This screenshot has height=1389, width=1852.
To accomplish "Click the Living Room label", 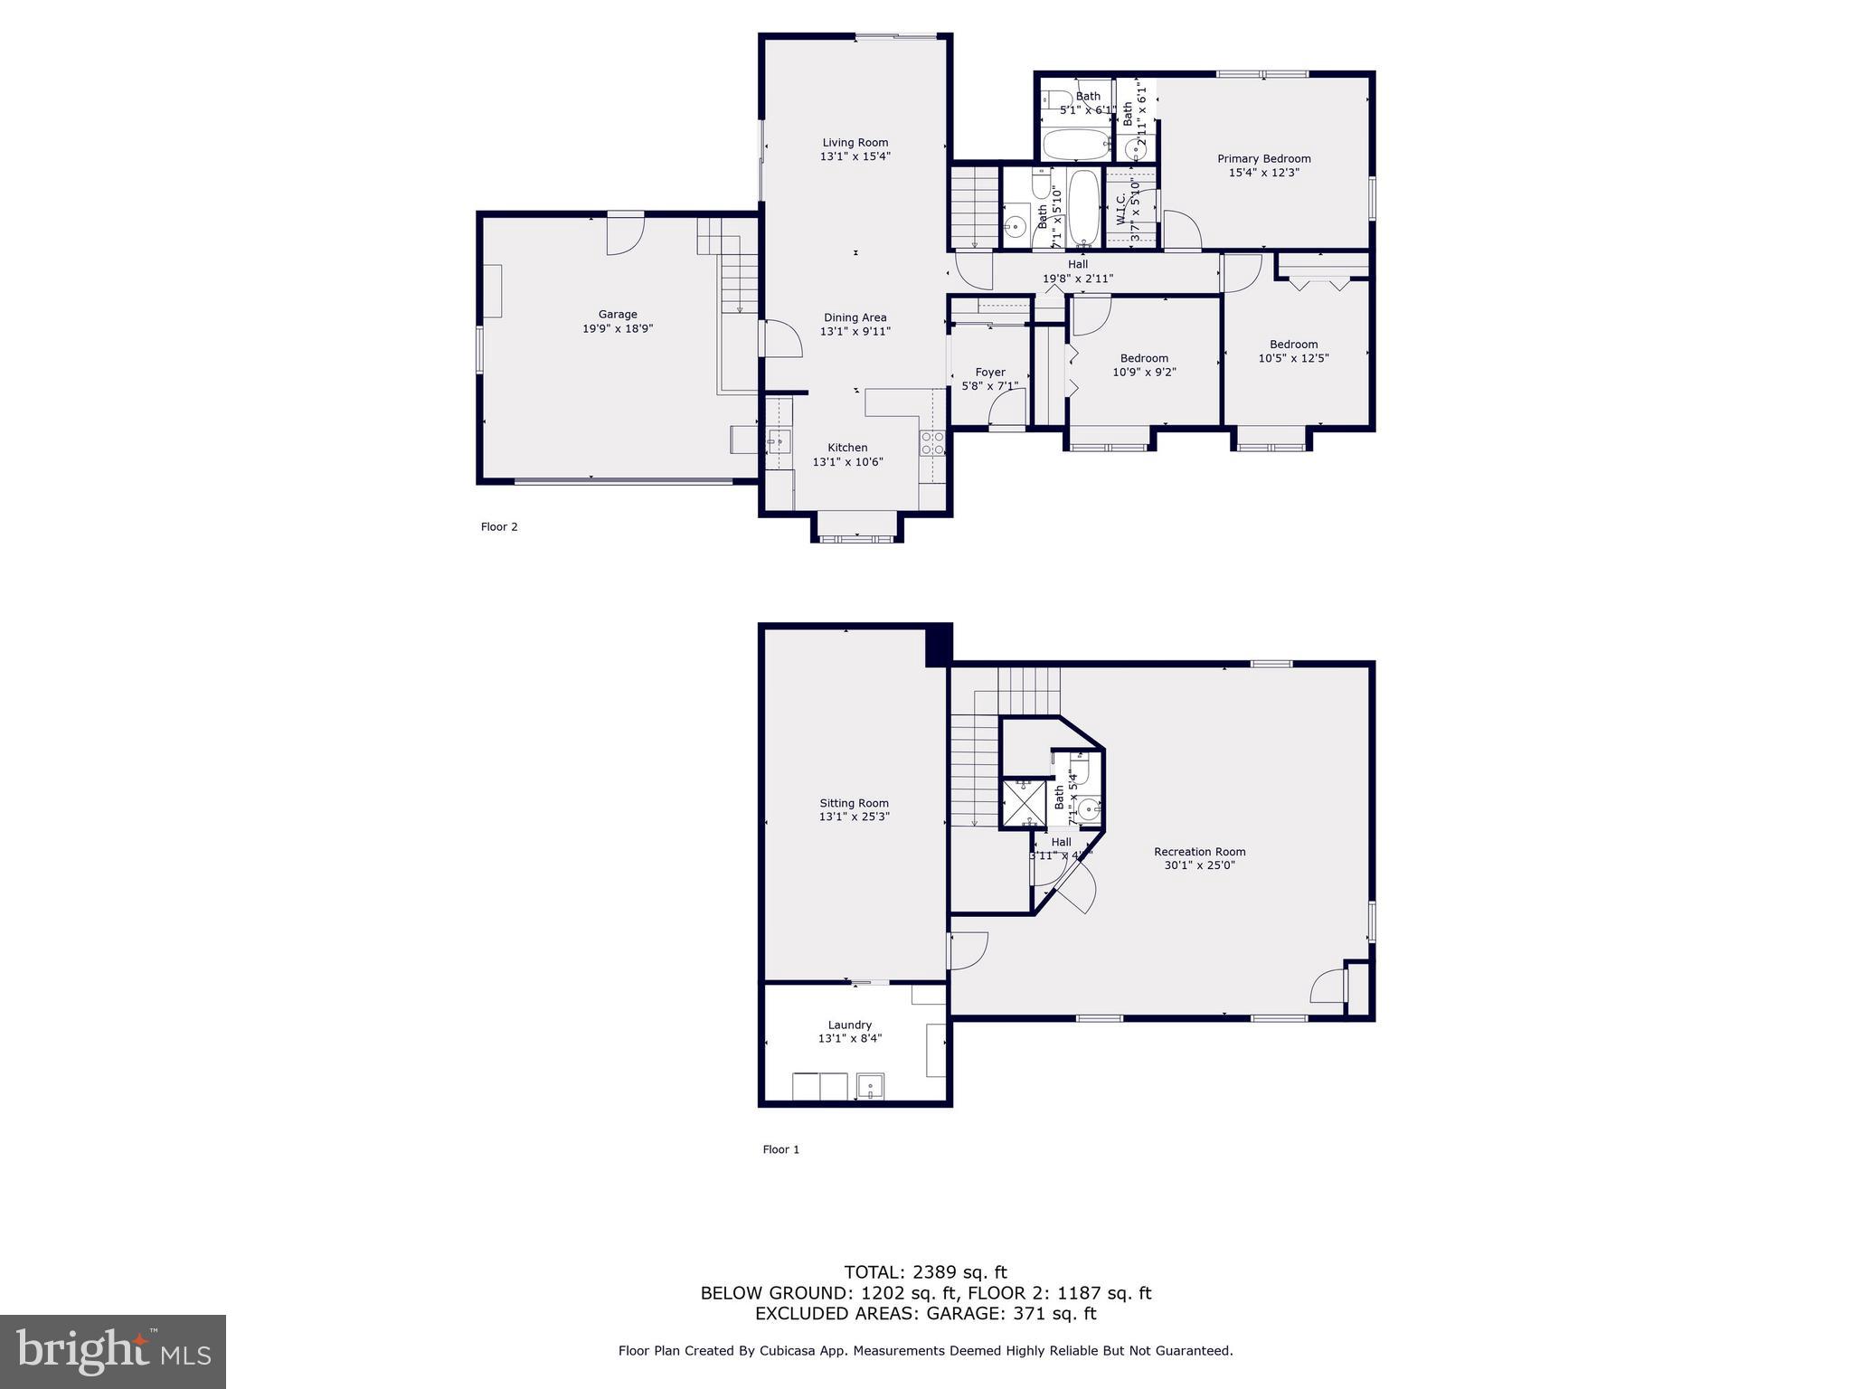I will coord(855,143).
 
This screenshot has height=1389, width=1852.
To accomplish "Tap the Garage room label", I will coord(617,315).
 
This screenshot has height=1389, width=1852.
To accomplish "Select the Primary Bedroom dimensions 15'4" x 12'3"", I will coord(1263,173).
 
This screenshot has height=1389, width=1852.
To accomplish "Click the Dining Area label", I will coord(855,317).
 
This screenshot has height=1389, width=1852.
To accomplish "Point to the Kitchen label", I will coord(847,448).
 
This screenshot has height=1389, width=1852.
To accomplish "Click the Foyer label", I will coord(990,373).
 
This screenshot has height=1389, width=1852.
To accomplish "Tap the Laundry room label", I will coord(849,1025).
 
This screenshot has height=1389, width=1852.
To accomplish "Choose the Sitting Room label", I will coord(854,803).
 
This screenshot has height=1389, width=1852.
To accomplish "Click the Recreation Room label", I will coord(1199,852).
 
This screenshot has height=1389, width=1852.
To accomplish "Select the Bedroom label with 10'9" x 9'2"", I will coord(1144,358).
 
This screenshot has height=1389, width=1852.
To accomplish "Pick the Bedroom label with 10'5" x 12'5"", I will coord(1293,345).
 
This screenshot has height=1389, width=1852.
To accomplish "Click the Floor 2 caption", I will coord(499,527).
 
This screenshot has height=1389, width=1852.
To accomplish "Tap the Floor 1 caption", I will coord(781,1149).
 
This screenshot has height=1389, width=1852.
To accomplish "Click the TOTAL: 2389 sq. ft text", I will coord(925,1272).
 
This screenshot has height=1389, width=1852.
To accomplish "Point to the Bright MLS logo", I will coord(113,1351).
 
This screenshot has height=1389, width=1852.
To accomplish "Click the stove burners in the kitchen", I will coord(932,442).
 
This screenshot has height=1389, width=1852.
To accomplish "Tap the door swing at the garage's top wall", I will coord(625,235).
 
